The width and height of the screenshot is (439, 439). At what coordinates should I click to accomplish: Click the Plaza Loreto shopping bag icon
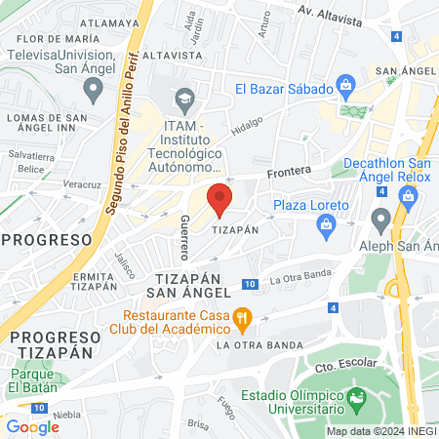pos(326,225)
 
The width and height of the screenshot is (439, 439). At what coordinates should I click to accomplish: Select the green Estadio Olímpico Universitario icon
pos(358,397)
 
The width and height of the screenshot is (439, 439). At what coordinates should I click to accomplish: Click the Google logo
pos(32,426)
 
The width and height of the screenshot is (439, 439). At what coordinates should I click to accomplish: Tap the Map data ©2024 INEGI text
pos(380,431)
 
